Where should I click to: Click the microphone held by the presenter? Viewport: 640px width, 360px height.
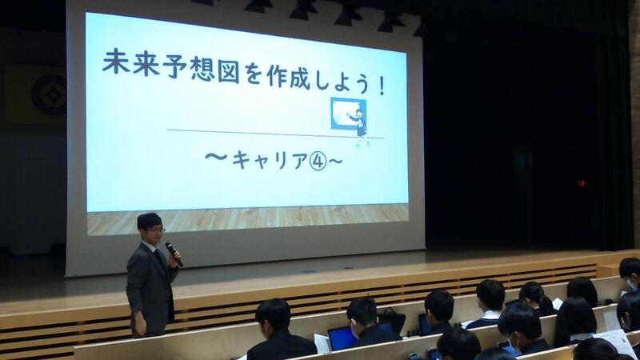pos(174,254)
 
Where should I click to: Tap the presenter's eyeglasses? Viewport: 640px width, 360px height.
pos(156,230)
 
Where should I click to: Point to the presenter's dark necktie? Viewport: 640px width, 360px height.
pos(159,258)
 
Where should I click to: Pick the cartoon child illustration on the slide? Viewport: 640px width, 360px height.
pos(359,127)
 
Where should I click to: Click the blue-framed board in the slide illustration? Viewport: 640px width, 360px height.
pos(347,114)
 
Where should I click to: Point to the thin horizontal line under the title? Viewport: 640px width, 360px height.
pos(275,134)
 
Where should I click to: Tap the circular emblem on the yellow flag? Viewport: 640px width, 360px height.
pos(50,96)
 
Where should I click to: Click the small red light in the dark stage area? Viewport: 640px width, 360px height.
pos(582,183)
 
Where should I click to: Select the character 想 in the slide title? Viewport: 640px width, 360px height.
pos(202,70)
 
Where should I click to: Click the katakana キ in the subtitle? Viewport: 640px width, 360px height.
pos(242,160)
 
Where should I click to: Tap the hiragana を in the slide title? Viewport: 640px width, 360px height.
pos(253,74)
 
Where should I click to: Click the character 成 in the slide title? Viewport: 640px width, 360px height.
pos(302,78)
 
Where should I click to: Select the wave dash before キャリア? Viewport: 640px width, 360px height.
pos(216,157)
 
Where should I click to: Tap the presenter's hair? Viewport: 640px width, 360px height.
pos(150,221)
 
